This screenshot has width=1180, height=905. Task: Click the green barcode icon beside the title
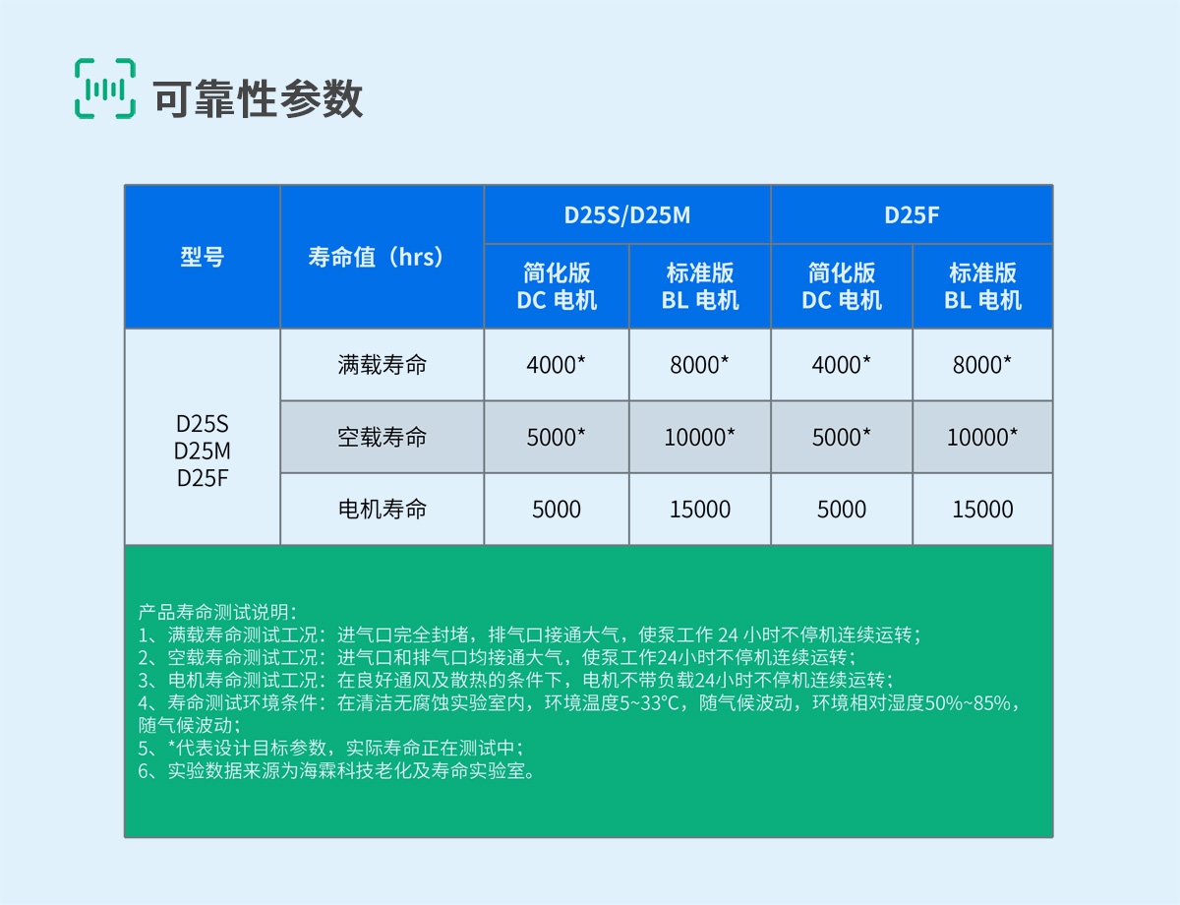pyautogui.click(x=105, y=89)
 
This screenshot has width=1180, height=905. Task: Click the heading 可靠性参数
pyautogui.click(x=258, y=98)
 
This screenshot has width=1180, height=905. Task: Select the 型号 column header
pyautogui.click(x=202, y=257)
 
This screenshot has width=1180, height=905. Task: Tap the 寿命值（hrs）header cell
pyautogui.click(x=382, y=257)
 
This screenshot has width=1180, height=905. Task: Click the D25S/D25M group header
pyautogui.click(x=626, y=214)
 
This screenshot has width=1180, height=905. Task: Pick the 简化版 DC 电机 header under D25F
pyautogui.click(x=842, y=286)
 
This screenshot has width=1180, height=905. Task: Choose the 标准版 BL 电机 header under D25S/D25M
pyautogui.click(x=699, y=286)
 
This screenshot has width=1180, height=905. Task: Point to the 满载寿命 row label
pyautogui.click(x=382, y=365)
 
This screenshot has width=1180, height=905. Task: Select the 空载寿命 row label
pyautogui.click(x=382, y=437)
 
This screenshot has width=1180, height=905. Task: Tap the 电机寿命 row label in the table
pyautogui.click(x=382, y=510)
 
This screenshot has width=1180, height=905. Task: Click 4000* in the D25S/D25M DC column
pyautogui.click(x=556, y=365)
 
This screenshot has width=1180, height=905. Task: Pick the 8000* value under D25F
pyautogui.click(x=981, y=365)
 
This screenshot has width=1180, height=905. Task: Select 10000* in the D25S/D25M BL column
pyautogui.click(x=699, y=437)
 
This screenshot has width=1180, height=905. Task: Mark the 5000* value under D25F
pyautogui.click(x=841, y=437)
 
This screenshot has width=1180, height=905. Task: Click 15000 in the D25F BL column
pyautogui.click(x=982, y=510)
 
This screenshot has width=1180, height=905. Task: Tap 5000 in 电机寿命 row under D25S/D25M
pyautogui.click(x=557, y=510)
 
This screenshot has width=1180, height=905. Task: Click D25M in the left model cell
pyautogui.click(x=202, y=452)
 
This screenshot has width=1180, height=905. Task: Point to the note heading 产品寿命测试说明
pyautogui.click(x=217, y=612)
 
